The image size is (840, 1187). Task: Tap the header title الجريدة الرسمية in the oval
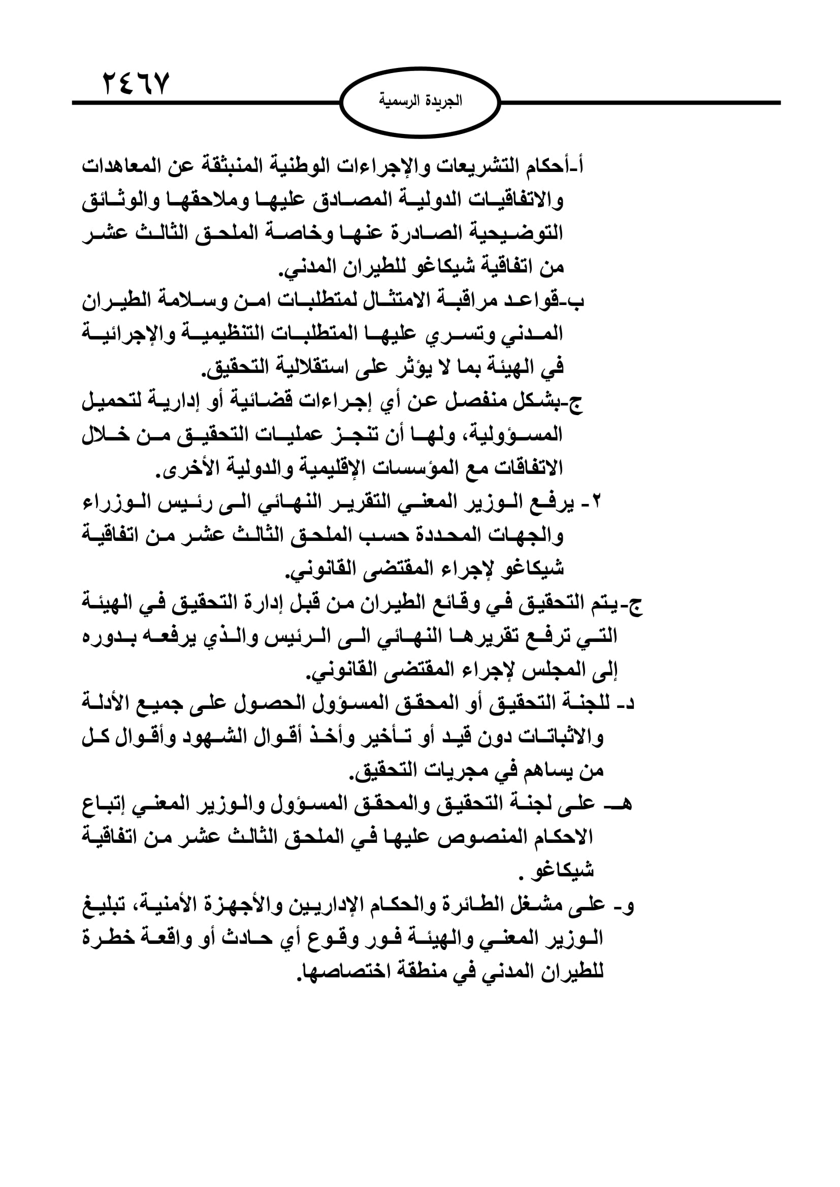pyautogui.click(x=420, y=101)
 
